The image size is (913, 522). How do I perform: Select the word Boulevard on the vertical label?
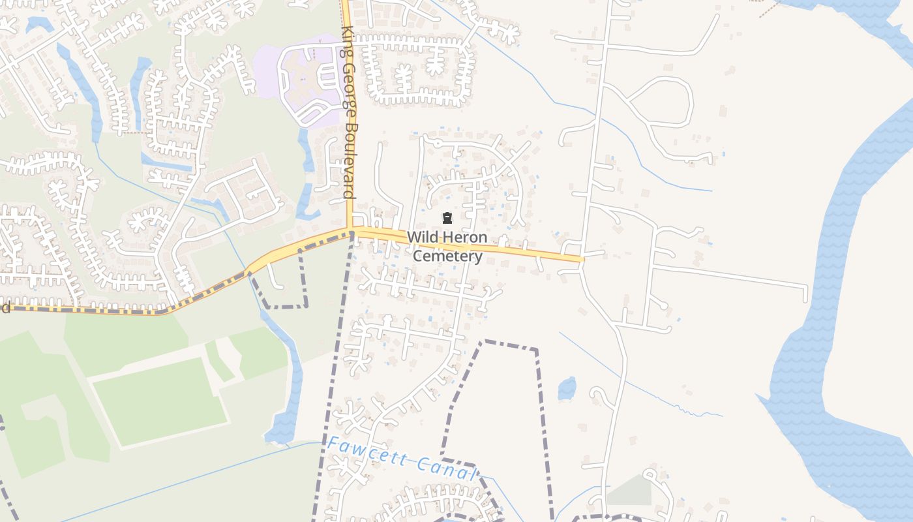[350, 161]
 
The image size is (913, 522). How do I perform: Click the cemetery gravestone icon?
[447, 218]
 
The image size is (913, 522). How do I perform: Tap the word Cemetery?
[447, 256]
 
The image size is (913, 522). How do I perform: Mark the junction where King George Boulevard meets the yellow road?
[351, 230]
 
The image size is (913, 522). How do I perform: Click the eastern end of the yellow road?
[580, 258]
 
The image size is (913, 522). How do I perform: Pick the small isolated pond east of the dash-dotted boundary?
[567, 389]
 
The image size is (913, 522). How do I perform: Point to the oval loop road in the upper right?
[659, 101]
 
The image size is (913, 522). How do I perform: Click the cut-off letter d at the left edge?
[5, 307]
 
